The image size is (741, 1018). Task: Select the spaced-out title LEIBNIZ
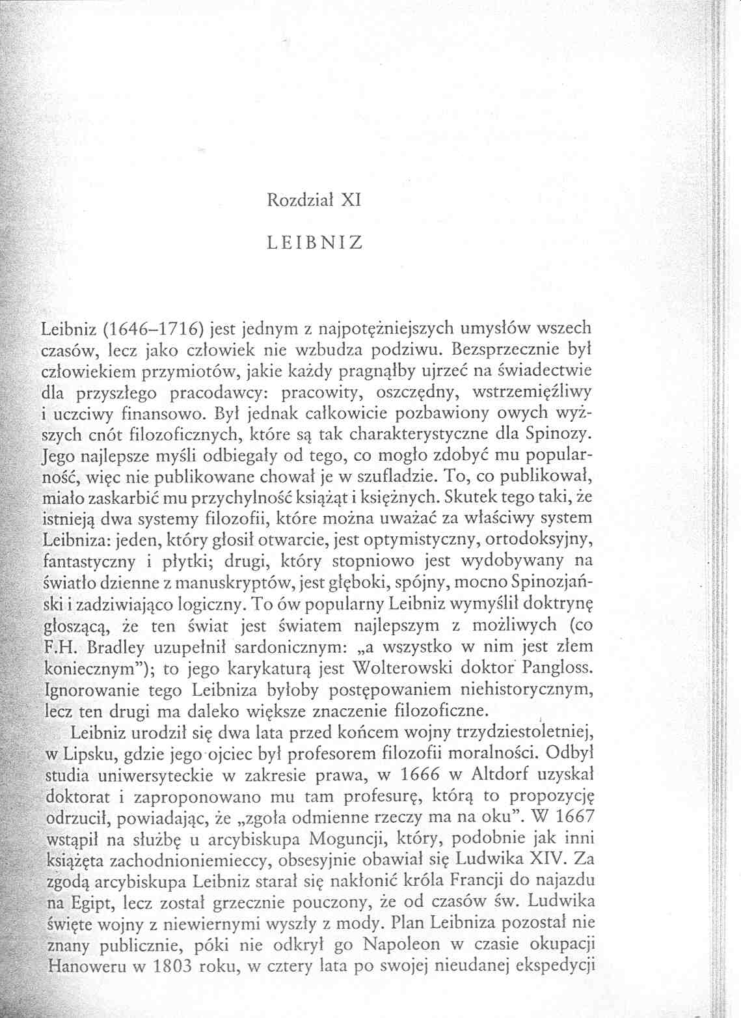[x=314, y=242]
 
